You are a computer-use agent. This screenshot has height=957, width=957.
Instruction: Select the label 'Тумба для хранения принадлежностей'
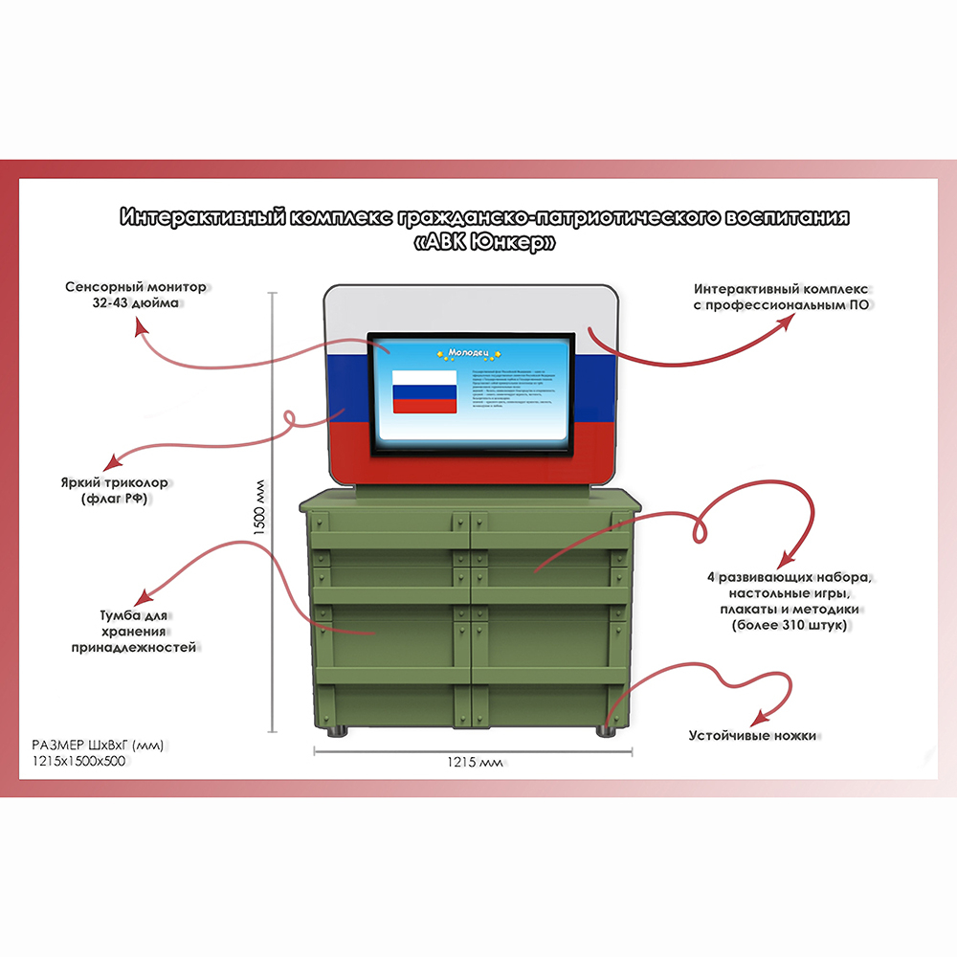pyautogui.click(x=133, y=631)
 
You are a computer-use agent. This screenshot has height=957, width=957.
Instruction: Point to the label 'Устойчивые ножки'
pyautogui.click(x=752, y=736)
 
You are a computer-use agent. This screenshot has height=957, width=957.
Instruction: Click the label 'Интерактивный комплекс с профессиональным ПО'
pyautogui.click(x=780, y=296)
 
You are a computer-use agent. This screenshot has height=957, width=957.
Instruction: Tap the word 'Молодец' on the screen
pyautogui.click(x=470, y=352)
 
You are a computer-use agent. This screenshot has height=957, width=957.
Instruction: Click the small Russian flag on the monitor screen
pyautogui.click(x=425, y=391)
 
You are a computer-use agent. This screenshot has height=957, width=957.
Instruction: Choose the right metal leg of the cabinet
pyautogui.click(x=605, y=732)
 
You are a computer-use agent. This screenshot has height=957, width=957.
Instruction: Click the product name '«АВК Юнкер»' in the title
pyautogui.click(x=485, y=244)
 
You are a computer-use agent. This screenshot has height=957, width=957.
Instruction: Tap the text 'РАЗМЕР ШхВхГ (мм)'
pyautogui.click(x=91, y=746)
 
